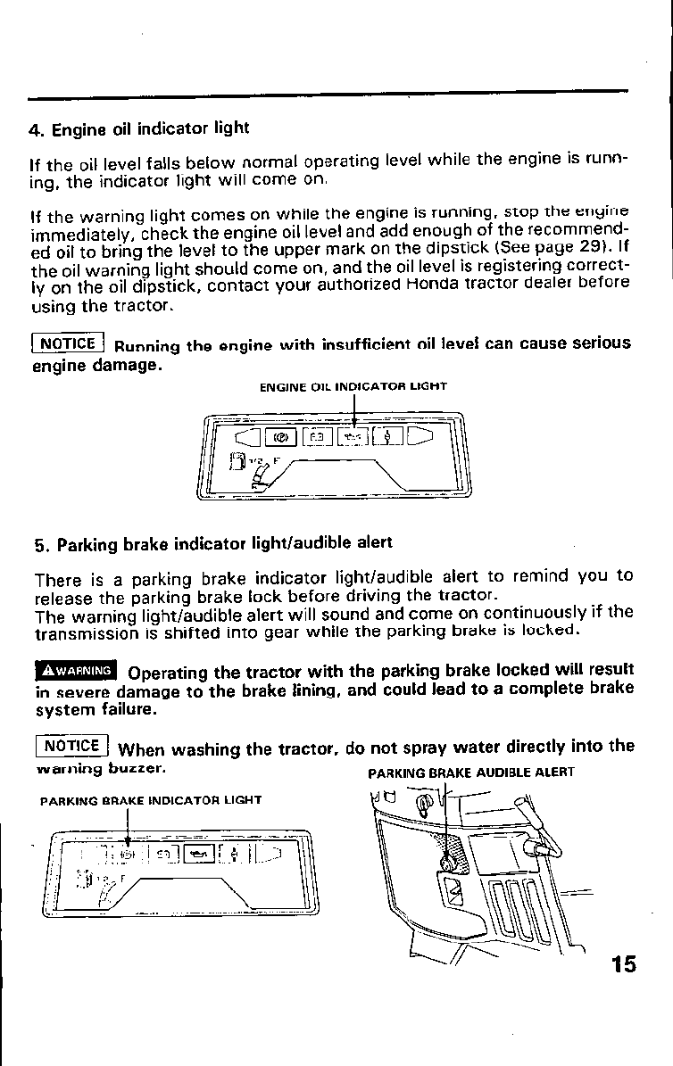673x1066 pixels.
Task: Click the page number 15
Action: point(624,964)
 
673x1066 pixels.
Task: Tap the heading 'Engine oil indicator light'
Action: point(139,128)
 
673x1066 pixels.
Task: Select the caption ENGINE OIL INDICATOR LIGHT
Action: point(353,386)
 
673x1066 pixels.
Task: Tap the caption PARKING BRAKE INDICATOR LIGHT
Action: point(151,800)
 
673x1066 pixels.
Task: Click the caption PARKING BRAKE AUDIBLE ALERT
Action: point(471,773)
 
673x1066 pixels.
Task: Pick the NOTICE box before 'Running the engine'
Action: point(69,343)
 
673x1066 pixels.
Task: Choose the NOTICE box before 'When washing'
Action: point(71,746)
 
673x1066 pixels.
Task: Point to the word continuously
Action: point(551,612)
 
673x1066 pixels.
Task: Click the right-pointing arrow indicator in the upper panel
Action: point(419,436)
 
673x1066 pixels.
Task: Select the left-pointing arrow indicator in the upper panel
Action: point(246,437)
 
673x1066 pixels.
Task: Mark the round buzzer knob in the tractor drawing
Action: point(447,863)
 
